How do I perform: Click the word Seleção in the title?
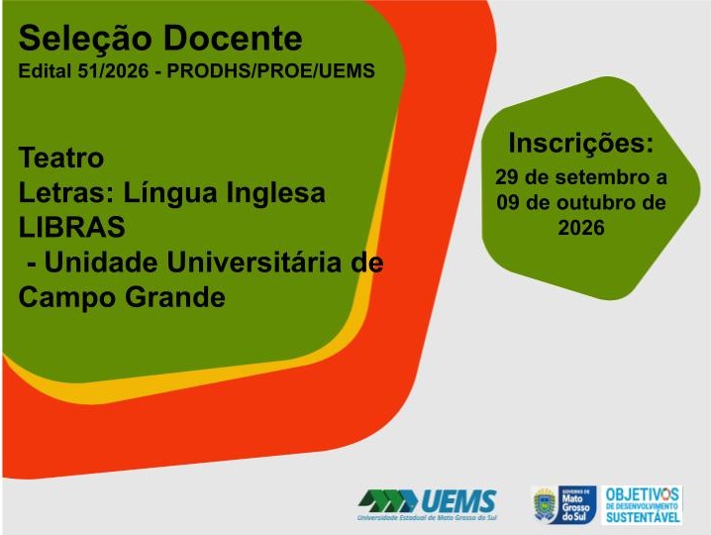[x=84, y=38]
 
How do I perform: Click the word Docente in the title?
[x=232, y=38]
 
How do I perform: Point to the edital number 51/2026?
[x=113, y=70]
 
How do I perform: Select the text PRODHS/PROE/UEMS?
[x=271, y=70]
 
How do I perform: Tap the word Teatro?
[x=61, y=158]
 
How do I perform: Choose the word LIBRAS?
[x=71, y=227]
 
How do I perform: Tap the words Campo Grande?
[x=122, y=297]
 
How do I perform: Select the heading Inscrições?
[x=581, y=143]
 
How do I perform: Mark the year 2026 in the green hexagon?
[x=581, y=228]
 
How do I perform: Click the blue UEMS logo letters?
[x=458, y=501]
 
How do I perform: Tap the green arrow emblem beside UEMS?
[x=388, y=501]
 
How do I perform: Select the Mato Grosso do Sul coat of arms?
[x=545, y=505]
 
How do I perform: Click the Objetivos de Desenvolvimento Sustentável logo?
[x=642, y=505]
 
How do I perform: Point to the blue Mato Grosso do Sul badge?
[x=576, y=505]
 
